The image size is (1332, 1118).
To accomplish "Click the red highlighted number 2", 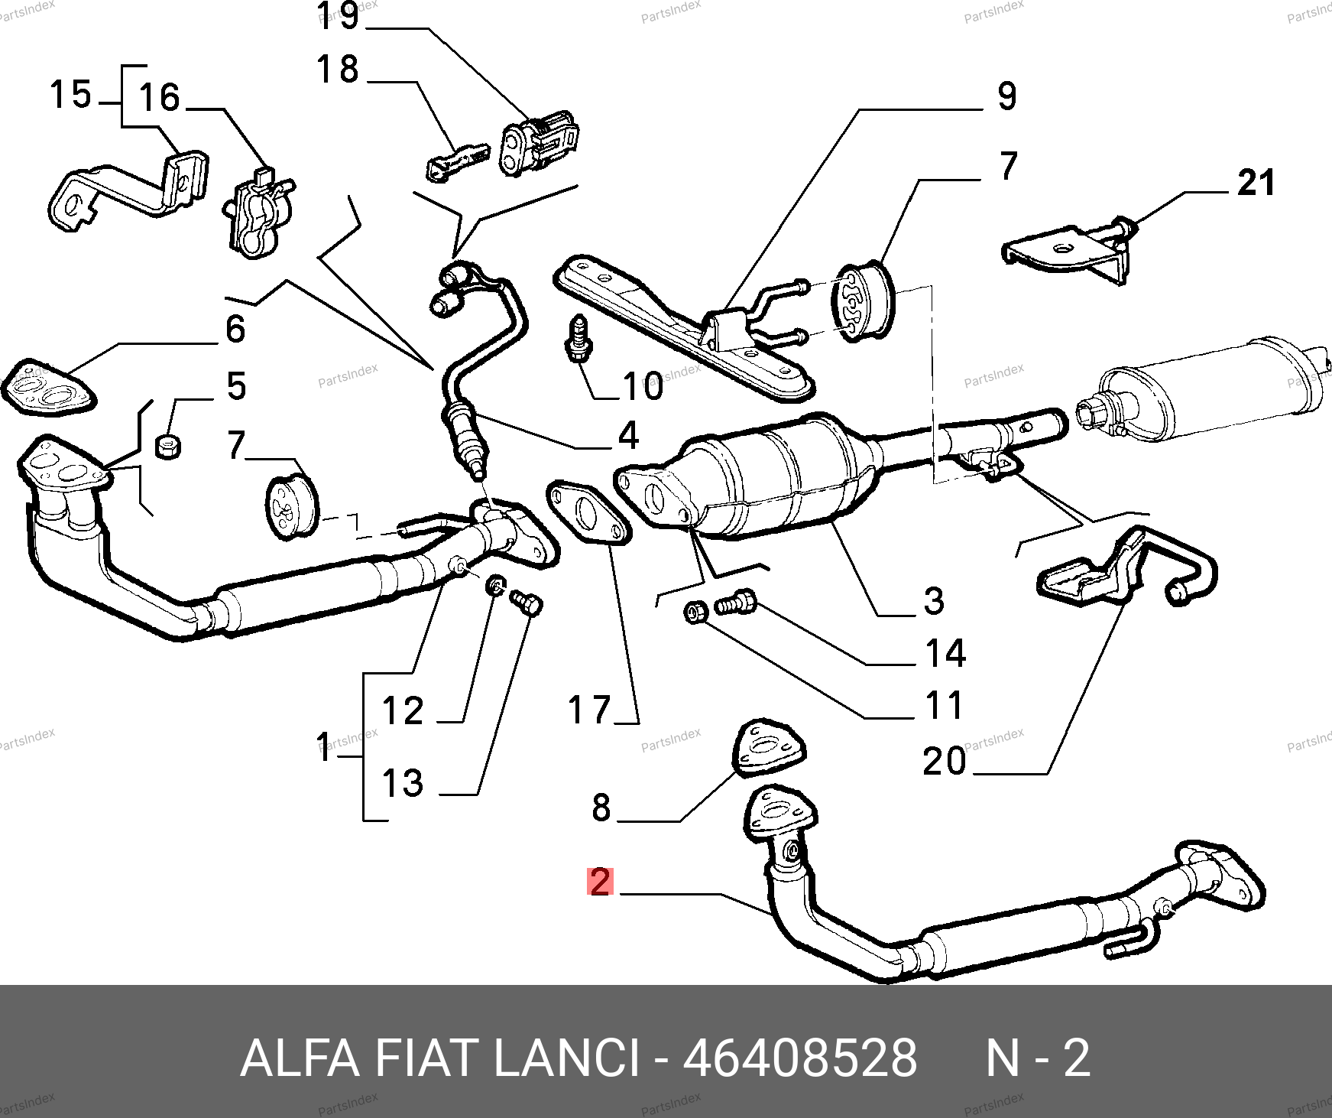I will pos(600,882).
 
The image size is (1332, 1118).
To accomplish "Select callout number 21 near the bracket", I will pos(1256,184).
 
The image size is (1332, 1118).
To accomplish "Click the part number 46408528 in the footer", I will pos(799,1059).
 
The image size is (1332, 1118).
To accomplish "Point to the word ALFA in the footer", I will pos(300,1059).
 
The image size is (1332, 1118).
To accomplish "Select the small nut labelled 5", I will pos(167,445).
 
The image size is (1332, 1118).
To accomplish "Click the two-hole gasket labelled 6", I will pos(47,388).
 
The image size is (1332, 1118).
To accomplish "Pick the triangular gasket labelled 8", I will pos(770,745).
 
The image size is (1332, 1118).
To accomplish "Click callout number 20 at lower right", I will pos(945,762).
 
